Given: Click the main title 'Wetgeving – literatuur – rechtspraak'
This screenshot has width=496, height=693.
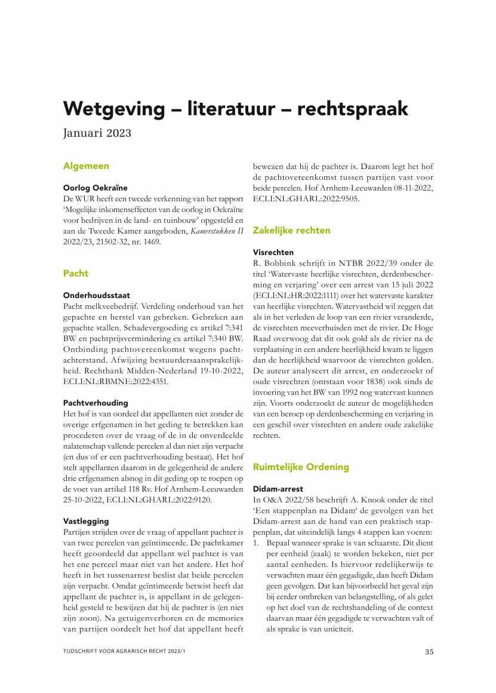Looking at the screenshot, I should pos(236,109).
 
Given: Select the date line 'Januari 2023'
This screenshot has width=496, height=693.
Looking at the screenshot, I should pos(97,133).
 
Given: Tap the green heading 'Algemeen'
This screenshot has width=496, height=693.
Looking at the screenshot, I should pos(86,166).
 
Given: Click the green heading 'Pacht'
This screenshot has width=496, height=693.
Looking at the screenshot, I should pos(76,274).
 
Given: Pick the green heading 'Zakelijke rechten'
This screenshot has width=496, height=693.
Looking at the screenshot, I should pos(291,230).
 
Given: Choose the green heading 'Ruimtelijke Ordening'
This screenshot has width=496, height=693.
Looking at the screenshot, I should pos(301,467).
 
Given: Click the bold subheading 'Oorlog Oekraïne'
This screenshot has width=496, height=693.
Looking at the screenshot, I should pos(95,188).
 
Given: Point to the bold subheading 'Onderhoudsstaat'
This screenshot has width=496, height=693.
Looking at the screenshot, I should pos(97,295).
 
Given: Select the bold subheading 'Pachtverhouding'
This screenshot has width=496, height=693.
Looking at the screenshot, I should pos(95,403).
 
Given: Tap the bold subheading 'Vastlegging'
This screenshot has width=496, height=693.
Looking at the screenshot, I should pos(86,522).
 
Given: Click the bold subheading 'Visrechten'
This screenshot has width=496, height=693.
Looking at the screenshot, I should pos(273,252).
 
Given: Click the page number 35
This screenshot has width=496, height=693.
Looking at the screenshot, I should pos(429,652).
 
